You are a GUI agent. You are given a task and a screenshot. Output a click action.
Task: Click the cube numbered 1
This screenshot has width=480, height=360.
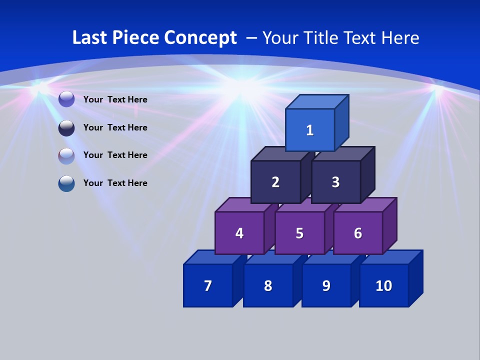(310, 130)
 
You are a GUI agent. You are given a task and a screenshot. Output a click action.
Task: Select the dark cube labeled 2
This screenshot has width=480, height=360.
(275, 182)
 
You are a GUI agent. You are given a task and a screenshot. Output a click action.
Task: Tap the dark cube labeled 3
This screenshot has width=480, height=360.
(335, 182)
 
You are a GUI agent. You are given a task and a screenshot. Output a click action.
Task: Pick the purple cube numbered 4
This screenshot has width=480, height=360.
(239, 233)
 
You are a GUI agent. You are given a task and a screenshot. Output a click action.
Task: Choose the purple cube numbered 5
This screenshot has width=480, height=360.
(299, 233)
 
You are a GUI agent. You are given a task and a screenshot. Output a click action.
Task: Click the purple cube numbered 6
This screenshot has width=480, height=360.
(358, 233)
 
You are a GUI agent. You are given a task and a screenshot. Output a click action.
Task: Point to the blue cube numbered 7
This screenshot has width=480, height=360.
(208, 285)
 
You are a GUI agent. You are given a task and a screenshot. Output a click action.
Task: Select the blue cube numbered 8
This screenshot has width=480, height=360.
(268, 285)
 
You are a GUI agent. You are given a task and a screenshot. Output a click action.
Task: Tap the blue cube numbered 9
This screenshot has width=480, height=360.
(326, 285)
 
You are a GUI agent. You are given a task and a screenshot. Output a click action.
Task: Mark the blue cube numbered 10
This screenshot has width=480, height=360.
(383, 285)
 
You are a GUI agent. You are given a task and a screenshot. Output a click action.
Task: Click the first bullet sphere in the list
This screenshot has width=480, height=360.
(66, 99)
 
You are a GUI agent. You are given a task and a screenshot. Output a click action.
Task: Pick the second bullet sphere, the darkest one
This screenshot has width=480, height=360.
(66, 127)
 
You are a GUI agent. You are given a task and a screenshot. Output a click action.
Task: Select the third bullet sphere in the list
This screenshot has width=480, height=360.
(66, 155)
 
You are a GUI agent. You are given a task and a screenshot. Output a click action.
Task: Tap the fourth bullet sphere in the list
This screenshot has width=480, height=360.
(66, 183)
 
